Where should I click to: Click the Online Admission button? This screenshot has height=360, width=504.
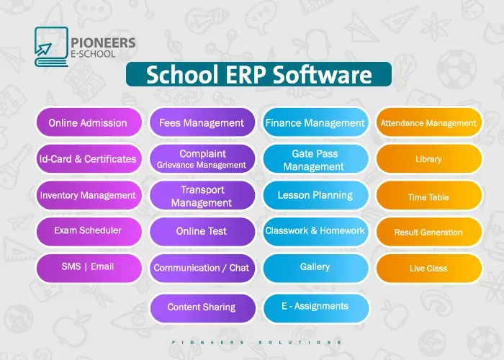pos(88,122)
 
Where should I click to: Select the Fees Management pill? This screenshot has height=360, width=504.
pos(202,122)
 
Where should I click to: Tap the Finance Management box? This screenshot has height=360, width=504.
pos(315,122)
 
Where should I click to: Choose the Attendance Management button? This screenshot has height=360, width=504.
pos(428,123)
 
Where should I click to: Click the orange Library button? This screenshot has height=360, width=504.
pos(428,159)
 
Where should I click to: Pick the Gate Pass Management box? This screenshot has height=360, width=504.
pos(315,160)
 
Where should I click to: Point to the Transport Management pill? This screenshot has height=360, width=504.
pos(202,196)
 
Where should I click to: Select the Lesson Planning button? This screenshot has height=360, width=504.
pos(315,195)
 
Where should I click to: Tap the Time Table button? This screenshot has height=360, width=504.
pos(428,197)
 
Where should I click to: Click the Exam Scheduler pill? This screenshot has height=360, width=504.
pos(88,231)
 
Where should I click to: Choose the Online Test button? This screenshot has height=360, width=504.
pos(202,231)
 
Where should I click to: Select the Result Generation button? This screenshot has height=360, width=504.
pos(428,233)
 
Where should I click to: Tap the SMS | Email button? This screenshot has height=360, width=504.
pos(88,267)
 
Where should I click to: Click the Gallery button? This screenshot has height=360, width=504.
pos(315,267)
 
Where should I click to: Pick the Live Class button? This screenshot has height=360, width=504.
pos(428,268)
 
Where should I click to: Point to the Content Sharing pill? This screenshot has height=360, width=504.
pos(202,307)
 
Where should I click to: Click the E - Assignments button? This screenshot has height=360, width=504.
pos(315,307)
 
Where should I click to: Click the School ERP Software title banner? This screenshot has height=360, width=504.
pos(258,75)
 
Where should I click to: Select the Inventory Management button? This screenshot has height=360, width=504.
pos(88,195)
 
